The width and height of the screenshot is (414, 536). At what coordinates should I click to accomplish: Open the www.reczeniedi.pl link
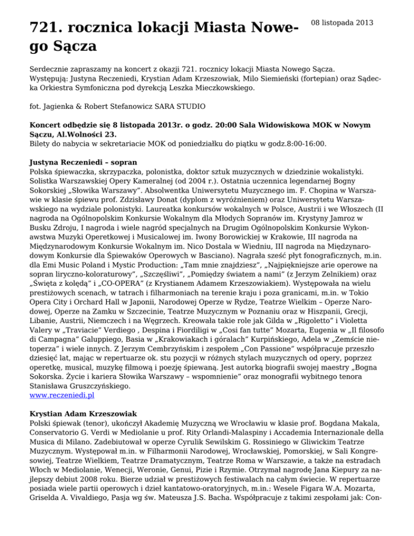click(62, 395)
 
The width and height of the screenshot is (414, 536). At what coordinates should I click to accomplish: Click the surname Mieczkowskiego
click(218, 87)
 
